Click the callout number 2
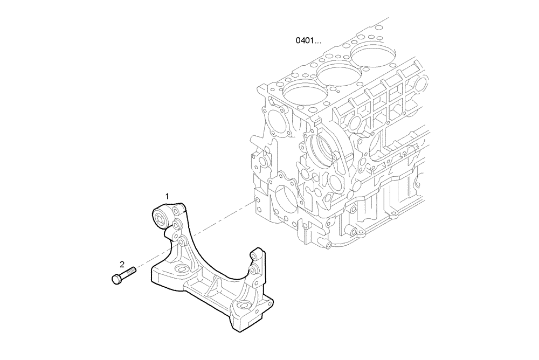(x=122, y=264)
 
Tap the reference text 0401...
(x=308, y=40)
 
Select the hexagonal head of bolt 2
(x=116, y=279)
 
